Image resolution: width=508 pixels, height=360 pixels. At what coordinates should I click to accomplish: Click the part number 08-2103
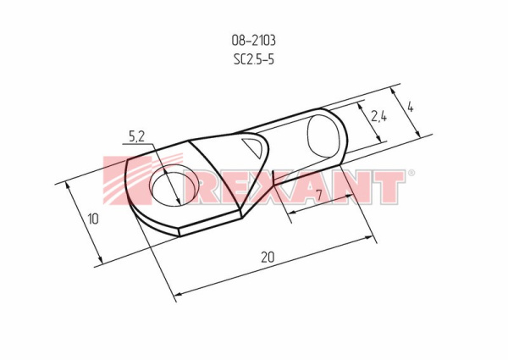click(x=253, y=41)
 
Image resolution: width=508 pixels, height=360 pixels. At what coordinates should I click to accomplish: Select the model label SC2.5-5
click(x=254, y=59)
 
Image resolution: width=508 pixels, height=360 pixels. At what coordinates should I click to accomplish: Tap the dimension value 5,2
click(x=136, y=136)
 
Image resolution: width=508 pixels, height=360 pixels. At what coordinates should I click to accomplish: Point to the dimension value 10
click(x=93, y=219)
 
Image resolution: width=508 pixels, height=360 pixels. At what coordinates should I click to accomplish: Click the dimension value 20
click(x=268, y=257)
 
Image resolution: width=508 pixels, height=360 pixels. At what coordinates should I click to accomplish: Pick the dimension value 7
click(x=319, y=195)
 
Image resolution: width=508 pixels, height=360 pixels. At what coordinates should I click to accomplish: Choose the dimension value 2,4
click(x=378, y=116)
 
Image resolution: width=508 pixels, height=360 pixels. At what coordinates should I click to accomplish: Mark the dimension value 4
click(x=410, y=107)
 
